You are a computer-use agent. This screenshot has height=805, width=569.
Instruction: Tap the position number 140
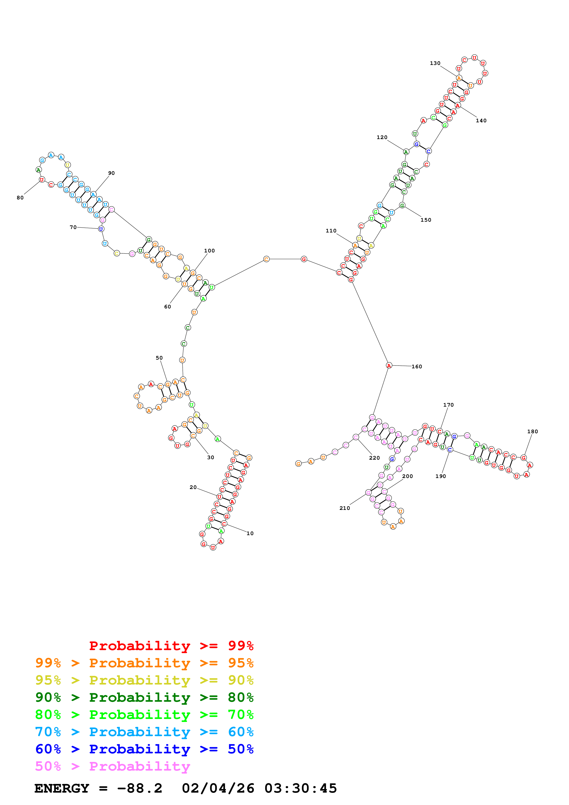(481, 121)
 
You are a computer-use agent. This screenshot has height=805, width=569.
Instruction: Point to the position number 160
(417, 367)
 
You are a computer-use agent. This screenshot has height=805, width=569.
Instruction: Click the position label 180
(532, 432)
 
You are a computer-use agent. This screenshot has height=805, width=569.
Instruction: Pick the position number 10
(250, 534)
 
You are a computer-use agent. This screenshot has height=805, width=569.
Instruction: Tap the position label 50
(159, 358)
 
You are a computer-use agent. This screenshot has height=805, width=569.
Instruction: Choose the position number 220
(374, 458)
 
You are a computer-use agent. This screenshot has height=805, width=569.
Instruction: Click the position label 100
(209, 251)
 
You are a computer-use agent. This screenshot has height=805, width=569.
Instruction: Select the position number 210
(345, 508)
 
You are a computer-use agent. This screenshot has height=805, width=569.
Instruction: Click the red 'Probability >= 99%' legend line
(171, 646)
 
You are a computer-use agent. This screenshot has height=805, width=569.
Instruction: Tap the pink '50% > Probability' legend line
(112, 766)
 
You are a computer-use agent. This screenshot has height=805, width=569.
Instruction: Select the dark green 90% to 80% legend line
(144, 697)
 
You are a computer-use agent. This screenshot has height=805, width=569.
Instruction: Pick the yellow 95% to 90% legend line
(144, 680)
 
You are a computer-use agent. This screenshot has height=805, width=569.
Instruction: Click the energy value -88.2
(140, 788)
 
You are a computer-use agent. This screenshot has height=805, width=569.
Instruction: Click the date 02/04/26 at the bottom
(218, 788)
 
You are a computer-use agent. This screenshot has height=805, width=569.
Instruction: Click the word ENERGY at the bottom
(62, 788)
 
